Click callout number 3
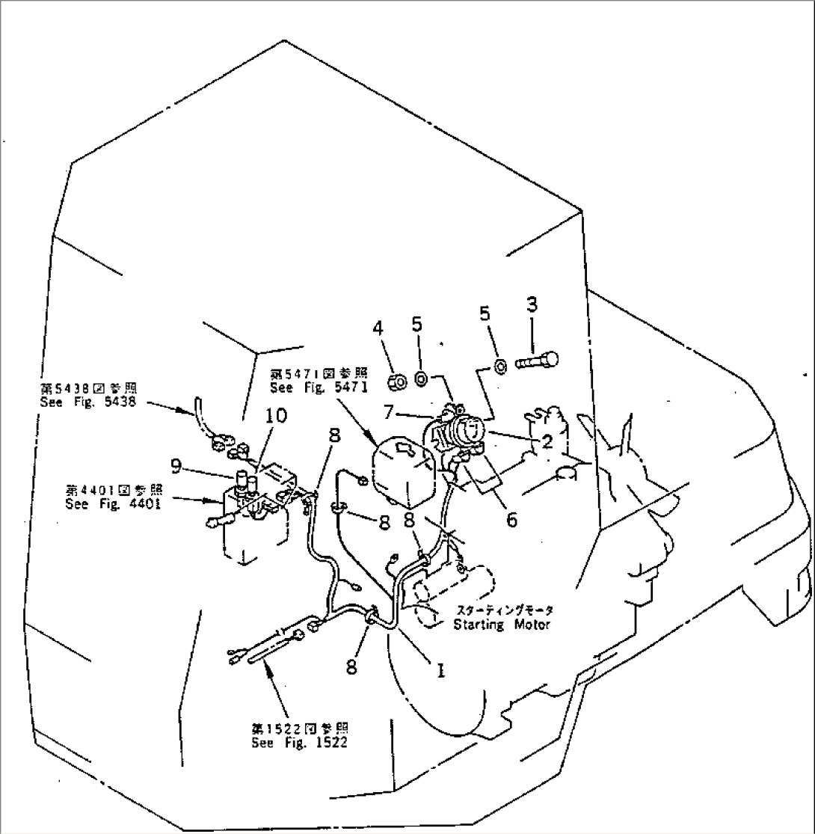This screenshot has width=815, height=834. (532, 305)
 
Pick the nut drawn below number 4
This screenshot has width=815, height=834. (398, 382)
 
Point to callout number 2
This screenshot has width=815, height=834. (547, 442)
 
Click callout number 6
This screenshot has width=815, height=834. (511, 518)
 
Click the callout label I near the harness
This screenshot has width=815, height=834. (441, 671)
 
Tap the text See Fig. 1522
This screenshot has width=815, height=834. (299, 743)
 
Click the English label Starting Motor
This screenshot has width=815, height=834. (502, 624)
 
